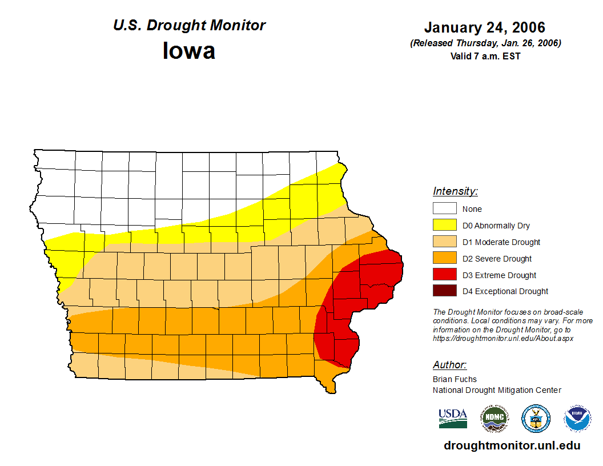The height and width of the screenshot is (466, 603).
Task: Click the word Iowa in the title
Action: pos(189,51)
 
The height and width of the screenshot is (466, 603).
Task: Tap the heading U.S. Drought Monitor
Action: pos(189,26)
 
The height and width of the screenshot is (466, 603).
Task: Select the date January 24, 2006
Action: pos(485,27)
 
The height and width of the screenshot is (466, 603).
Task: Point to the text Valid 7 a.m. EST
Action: pos(485,56)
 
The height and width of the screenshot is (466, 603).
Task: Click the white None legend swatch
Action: pos(444,208)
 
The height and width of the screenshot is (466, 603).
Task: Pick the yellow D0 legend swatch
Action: pos(444,225)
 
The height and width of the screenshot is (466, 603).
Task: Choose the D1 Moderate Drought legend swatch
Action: pos(444,242)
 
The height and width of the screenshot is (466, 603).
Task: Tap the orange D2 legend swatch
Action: pos(444,258)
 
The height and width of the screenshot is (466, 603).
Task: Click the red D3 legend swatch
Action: pos(444,275)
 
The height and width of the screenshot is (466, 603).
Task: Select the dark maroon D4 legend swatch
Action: pos(444,291)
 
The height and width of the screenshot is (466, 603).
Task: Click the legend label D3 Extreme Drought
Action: pos(499,275)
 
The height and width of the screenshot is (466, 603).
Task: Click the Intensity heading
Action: pos(455,191)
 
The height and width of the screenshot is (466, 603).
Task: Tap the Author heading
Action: pos(449,365)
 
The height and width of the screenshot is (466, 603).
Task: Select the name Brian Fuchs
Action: pos(455,379)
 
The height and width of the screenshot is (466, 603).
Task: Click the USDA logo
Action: pos(453,419)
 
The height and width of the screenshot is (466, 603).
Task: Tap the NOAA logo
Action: pos(577,419)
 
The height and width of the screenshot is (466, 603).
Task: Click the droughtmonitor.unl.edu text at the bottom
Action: pos(512,446)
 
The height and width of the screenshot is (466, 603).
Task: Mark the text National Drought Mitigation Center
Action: pos(497,390)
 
